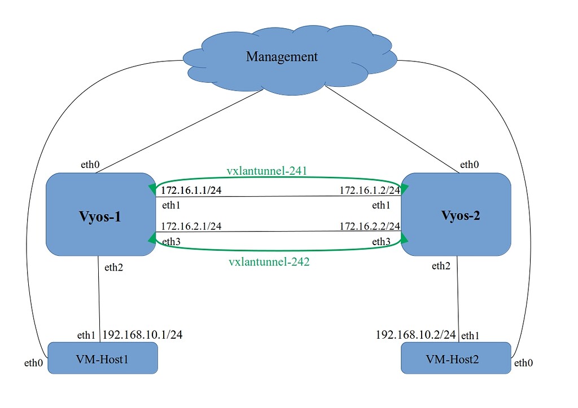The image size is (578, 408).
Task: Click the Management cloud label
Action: (x=282, y=57)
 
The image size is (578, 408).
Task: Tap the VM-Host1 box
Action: (x=102, y=358)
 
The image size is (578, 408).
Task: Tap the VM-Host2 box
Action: (x=456, y=358)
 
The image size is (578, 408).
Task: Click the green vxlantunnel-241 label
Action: (x=266, y=170)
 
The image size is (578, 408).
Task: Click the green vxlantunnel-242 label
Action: (x=269, y=261)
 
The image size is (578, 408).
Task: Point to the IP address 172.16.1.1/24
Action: (x=191, y=190)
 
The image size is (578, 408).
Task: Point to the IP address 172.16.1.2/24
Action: (x=369, y=190)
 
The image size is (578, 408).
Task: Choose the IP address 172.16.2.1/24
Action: (x=191, y=226)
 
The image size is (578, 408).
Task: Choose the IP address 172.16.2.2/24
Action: (x=369, y=226)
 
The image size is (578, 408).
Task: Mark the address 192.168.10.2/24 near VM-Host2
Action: (x=415, y=335)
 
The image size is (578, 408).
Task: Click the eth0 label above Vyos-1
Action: (x=90, y=165)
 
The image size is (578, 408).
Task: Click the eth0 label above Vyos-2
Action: (x=470, y=165)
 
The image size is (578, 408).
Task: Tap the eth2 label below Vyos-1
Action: (x=113, y=268)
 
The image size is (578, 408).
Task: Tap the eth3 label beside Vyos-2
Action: (x=380, y=242)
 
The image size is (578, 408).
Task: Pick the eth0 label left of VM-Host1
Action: (x=33, y=363)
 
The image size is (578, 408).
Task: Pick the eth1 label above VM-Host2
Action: (x=470, y=336)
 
